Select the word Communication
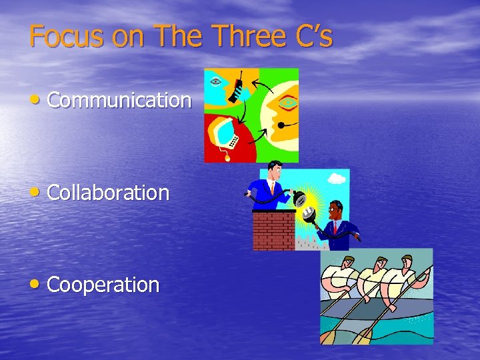(x=119, y=101)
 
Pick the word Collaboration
(x=108, y=193)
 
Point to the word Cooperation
(x=103, y=285)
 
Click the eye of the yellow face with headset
(x=287, y=104)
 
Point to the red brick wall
(x=273, y=231)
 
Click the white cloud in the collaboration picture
(x=337, y=179)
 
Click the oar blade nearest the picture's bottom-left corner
(x=327, y=337)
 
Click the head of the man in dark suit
(x=335, y=209)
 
